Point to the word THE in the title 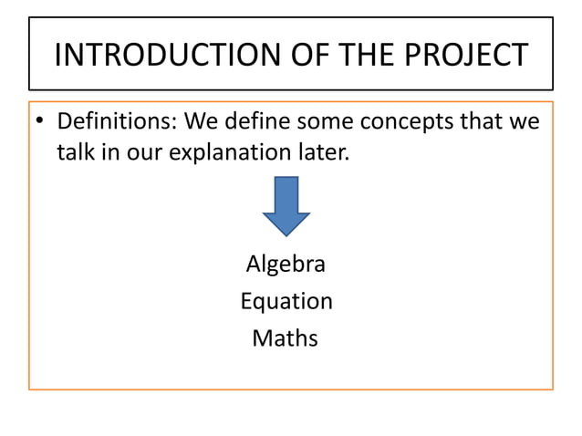tap(372, 56)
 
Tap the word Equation tap(286, 301)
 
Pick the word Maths tap(286, 338)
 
